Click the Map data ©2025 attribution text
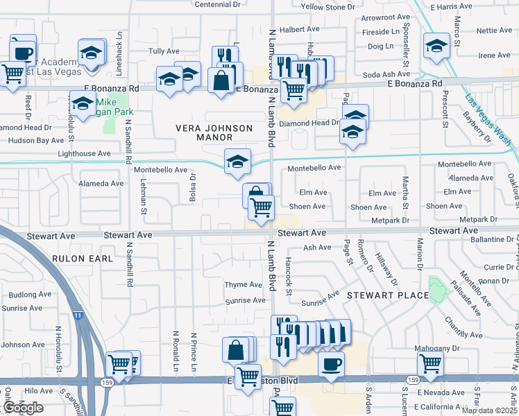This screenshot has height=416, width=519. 489,410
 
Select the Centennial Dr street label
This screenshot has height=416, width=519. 217,4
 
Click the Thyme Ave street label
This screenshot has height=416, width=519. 243,285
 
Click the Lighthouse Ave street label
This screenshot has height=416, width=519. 84,153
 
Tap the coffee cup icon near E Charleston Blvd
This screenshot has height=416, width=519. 331,363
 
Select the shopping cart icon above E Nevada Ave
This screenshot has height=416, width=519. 430,363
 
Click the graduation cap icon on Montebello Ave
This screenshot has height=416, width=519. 237,162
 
